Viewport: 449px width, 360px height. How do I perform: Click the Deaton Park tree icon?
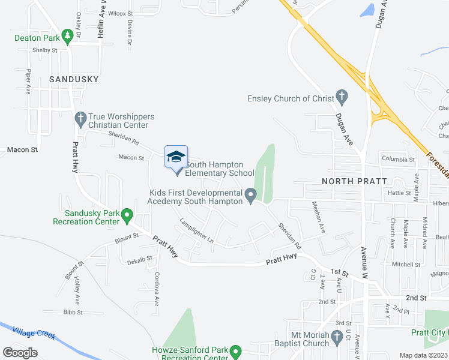[68, 36]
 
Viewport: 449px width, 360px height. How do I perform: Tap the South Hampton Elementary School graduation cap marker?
[176, 158]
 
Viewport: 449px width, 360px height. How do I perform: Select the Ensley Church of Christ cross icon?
[342, 96]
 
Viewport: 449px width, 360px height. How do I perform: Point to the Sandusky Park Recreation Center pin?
[127, 215]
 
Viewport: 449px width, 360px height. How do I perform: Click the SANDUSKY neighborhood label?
[74, 79]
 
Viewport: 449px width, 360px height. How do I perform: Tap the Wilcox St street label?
[121, 13]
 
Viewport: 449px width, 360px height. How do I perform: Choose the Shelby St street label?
[45, 50]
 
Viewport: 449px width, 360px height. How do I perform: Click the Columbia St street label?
[398, 160]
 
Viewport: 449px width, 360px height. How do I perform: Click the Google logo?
[20, 352]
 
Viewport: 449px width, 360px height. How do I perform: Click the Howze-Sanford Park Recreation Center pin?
[236, 350]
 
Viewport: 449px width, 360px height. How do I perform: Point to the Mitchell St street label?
[406, 264]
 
